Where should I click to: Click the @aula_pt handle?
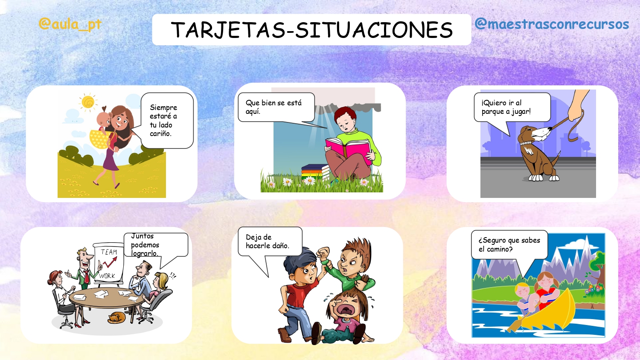click(x=70, y=24)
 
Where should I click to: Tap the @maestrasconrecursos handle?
click(x=552, y=24)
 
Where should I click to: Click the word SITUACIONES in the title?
click(x=374, y=30)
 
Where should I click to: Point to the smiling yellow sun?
click(x=88, y=102)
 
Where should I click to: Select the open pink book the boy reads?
click(x=349, y=150)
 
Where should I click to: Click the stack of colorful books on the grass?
click(x=315, y=172)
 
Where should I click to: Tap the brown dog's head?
click(x=534, y=134)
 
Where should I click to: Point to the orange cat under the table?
click(x=116, y=318)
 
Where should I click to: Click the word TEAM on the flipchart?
click(x=108, y=252)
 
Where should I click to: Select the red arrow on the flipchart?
click(x=108, y=263)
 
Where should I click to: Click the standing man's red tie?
click(x=86, y=277)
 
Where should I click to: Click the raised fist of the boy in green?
click(x=323, y=253)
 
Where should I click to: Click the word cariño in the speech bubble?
click(x=160, y=134)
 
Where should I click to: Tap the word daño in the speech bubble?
click(x=280, y=245)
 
